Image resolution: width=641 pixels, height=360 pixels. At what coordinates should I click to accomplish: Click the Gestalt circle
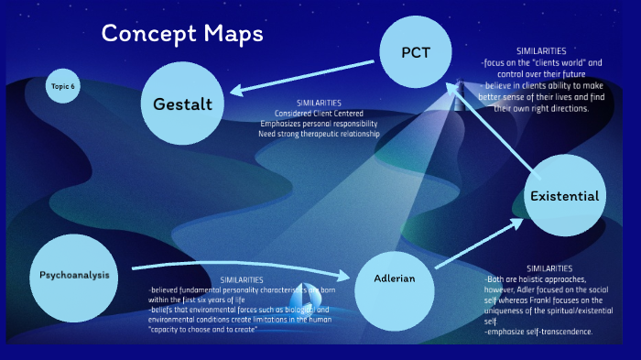click(x=182, y=104)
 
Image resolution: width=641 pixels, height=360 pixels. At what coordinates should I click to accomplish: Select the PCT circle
click(x=415, y=52)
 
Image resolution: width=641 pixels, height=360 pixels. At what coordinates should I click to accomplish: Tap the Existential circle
click(x=565, y=196)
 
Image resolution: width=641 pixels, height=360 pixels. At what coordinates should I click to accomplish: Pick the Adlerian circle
click(x=394, y=278)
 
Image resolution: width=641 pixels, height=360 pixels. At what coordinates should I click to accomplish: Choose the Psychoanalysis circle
click(x=74, y=275)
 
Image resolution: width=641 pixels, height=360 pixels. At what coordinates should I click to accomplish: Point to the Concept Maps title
click(x=182, y=34)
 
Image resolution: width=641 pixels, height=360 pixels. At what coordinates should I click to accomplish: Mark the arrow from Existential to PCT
click(x=494, y=124)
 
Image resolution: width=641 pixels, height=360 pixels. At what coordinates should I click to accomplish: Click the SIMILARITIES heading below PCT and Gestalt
click(x=319, y=103)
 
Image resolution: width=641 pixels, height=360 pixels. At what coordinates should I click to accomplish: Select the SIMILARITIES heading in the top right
click(x=540, y=50)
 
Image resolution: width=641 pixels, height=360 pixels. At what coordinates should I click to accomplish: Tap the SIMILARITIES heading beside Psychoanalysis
click(x=242, y=279)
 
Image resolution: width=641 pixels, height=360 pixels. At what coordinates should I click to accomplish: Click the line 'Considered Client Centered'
click(x=319, y=114)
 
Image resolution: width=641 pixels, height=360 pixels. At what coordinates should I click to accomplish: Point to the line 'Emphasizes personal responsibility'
click(x=319, y=124)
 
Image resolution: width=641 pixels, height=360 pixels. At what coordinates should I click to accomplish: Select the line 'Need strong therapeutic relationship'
click(x=319, y=134)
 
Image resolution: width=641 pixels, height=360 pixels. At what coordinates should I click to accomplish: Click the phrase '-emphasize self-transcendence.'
click(x=538, y=331)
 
